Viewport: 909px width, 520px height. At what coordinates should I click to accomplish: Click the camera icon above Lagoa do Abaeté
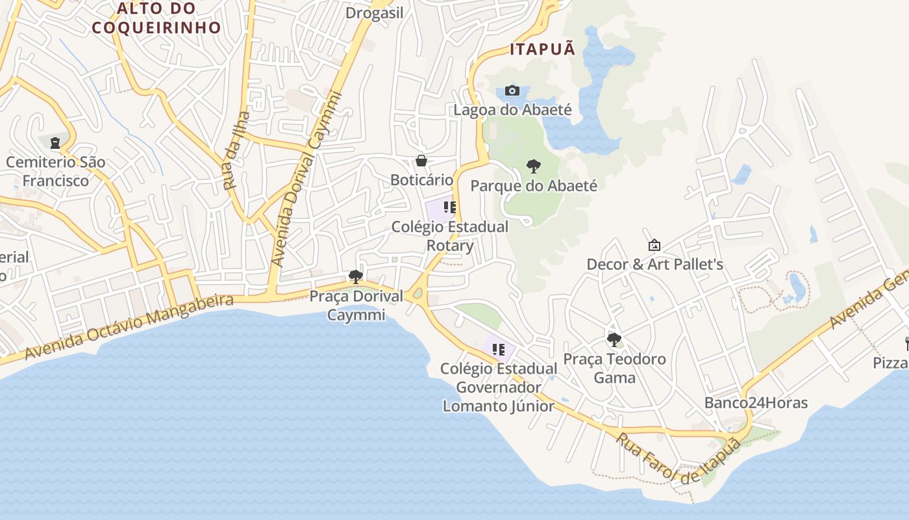pos(512,90)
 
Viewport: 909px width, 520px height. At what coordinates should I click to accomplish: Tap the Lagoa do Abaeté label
pos(512,109)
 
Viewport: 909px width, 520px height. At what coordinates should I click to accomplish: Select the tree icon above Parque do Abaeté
pos(533,166)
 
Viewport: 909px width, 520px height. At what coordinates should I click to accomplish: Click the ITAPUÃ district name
pos(543,49)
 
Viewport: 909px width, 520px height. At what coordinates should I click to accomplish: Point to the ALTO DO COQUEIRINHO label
pos(156,18)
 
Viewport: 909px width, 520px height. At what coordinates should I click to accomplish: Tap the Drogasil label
pos(375,13)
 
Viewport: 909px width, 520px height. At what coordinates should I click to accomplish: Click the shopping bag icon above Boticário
pos(421,161)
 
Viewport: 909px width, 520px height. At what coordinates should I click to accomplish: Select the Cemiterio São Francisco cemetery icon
pos(55,142)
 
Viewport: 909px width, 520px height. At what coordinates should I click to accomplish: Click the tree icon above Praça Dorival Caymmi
pos(355,277)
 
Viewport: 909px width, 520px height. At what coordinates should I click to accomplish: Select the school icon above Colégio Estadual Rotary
pos(449,207)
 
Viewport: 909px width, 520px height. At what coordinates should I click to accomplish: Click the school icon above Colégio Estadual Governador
pos(499,350)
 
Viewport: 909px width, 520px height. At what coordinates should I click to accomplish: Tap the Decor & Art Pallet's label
pos(654,265)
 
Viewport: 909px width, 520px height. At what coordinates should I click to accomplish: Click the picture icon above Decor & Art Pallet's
pos(654,245)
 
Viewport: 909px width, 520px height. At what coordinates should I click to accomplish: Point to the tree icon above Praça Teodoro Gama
pos(614,339)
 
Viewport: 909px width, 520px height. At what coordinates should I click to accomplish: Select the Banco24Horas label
pos(756,403)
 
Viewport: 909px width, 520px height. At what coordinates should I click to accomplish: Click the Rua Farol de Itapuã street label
pos(679,458)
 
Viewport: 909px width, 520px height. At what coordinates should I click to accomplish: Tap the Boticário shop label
pos(421,179)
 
